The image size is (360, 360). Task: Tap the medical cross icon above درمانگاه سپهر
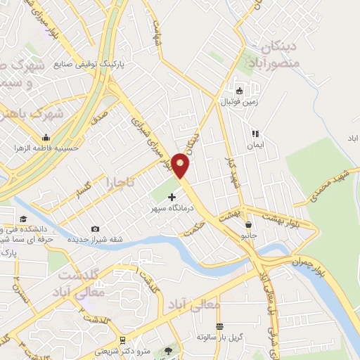(172, 198)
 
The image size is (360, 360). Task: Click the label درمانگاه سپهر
(172, 209)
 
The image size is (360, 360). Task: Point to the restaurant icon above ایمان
(255, 133)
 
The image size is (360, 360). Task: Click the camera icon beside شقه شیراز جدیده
(96, 229)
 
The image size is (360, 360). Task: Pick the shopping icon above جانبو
(249, 225)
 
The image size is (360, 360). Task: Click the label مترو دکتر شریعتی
(124, 349)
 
